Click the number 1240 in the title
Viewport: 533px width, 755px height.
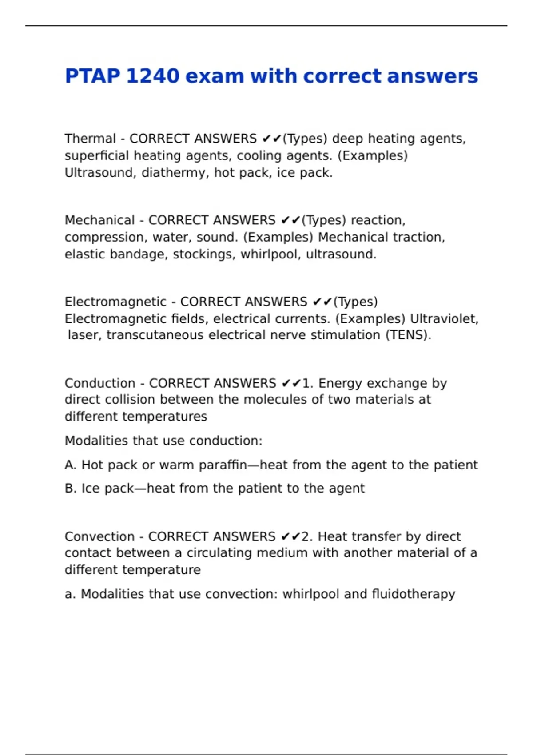(152, 76)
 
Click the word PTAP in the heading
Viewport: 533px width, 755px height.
(92, 76)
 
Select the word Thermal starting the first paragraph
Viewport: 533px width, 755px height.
(90, 139)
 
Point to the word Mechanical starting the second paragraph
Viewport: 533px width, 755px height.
(99, 220)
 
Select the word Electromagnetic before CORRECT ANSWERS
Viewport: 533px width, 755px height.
(115, 302)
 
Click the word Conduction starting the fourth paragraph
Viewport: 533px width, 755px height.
(100, 383)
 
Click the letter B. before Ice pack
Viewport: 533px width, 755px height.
(71, 489)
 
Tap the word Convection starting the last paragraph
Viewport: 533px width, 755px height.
(99, 536)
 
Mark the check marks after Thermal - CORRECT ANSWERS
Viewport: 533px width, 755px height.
(272, 139)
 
